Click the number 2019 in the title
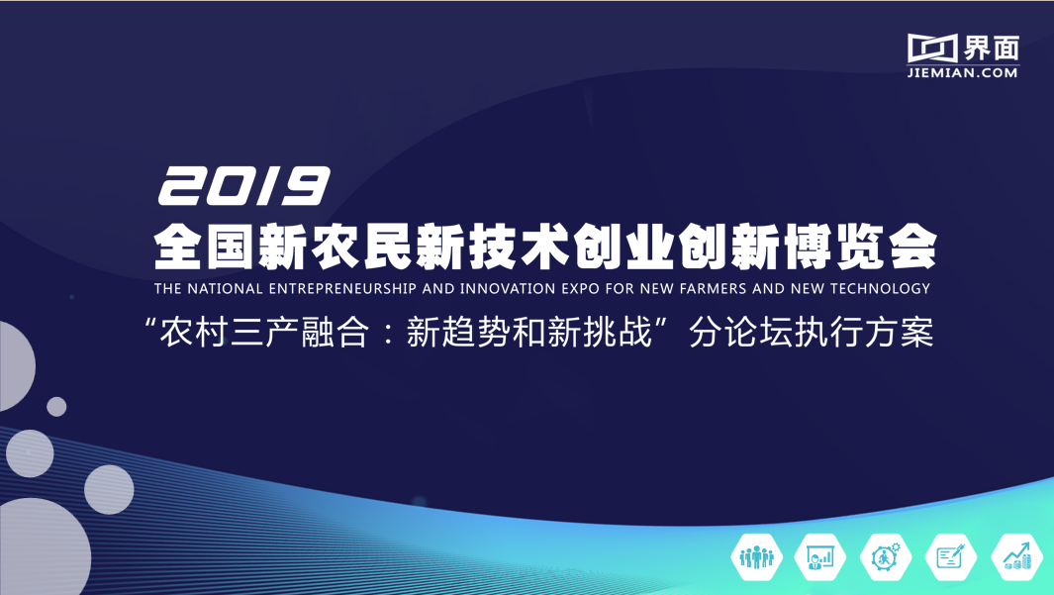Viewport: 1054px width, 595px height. coord(242,186)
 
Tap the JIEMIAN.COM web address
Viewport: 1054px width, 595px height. coord(962,72)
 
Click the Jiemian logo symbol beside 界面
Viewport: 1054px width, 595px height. coord(932,47)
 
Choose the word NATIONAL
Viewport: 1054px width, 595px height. coord(226,289)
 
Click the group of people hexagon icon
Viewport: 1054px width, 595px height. coord(757,557)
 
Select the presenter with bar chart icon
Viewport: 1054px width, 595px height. coord(820,557)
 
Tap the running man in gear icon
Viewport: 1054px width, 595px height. coord(885,557)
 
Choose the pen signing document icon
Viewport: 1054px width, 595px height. coord(950,557)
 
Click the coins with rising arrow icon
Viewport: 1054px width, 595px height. coord(1016,557)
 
